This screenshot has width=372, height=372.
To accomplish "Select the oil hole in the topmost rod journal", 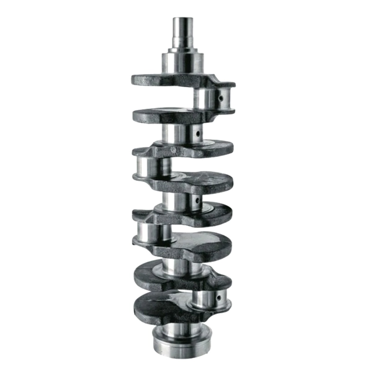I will (221, 98).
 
